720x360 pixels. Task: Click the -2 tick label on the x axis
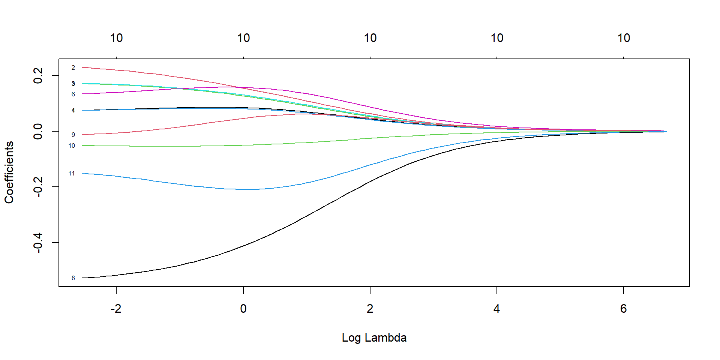point(116,309)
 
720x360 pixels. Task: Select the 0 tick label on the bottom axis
point(243,309)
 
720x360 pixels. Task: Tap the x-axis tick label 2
point(370,309)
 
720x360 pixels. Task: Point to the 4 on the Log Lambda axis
point(497,309)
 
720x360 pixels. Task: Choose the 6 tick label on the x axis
point(624,309)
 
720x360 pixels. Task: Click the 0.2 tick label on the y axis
point(38,75)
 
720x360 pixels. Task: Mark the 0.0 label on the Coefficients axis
point(38,131)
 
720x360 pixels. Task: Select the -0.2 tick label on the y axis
point(38,187)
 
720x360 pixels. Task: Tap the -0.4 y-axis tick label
point(38,243)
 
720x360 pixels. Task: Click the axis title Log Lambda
point(374,337)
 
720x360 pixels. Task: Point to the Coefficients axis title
point(9,172)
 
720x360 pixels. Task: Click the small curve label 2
point(73,68)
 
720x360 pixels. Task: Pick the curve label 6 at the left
point(73,94)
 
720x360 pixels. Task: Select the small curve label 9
point(73,135)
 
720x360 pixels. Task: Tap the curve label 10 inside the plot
point(72,145)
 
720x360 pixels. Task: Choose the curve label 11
point(72,173)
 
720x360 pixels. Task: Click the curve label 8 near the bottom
point(73,278)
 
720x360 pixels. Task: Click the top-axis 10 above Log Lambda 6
point(624,38)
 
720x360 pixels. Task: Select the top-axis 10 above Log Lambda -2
point(116,38)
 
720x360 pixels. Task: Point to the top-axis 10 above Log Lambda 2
point(370,38)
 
